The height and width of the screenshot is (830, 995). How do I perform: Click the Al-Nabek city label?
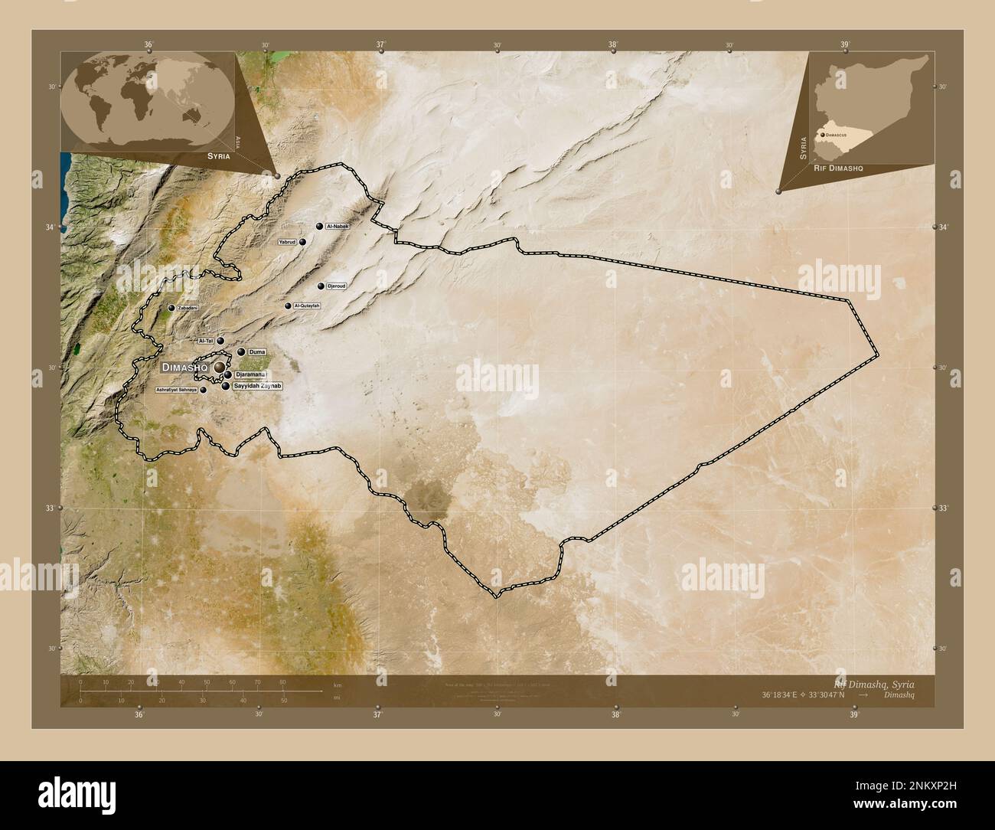coord(338,227)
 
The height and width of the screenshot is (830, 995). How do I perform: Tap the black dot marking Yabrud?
coord(303,242)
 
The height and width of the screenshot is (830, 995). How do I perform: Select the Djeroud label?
coord(337,286)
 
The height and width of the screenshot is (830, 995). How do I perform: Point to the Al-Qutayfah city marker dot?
coord(289,306)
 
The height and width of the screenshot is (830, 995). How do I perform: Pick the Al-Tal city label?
coord(206,341)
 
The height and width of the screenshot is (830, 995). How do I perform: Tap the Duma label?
coord(257,352)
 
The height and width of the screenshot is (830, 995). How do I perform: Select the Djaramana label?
coord(251,374)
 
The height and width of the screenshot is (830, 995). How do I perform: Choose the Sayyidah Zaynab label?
coord(257,387)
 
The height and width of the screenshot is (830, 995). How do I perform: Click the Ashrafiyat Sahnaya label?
coord(176,390)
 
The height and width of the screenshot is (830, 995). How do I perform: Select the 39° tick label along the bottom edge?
coord(854,714)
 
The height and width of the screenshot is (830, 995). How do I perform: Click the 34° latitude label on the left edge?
coord(51,228)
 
